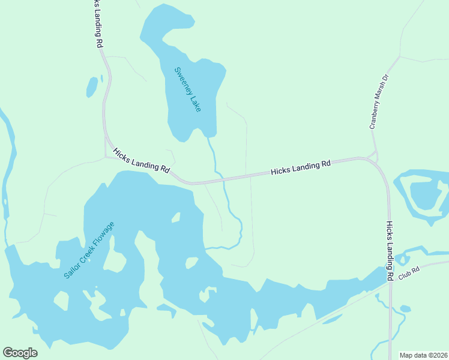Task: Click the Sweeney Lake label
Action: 187,88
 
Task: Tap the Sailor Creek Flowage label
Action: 88,250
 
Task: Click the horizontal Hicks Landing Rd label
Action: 301,167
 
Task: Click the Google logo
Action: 20,353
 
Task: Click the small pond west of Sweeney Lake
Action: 92,88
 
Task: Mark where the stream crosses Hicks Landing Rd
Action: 220,178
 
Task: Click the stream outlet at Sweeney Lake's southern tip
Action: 208,137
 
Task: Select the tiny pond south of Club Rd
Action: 405,309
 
